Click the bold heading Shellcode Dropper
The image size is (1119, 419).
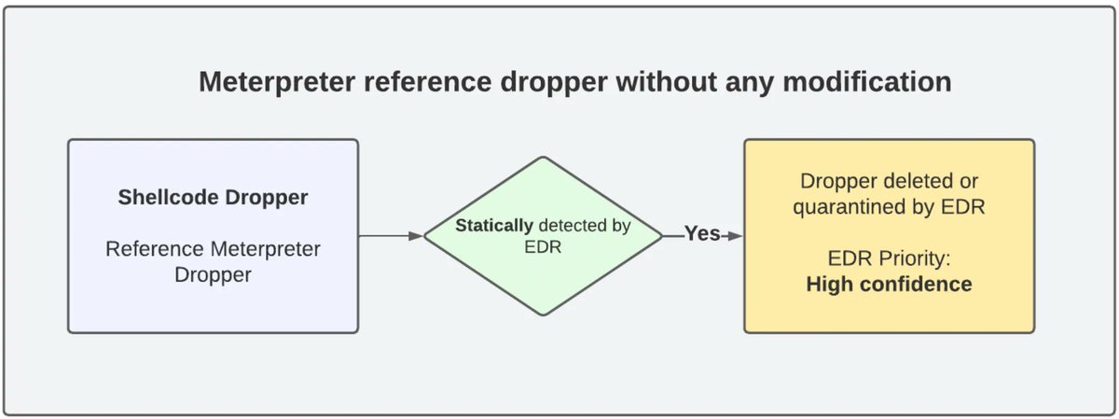coord(213,198)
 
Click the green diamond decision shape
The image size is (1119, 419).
coord(543,236)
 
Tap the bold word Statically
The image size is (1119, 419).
coord(494,226)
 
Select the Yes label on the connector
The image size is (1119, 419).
coord(702,234)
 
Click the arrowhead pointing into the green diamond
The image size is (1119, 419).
coord(416,236)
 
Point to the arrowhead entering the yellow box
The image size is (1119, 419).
coord(736,236)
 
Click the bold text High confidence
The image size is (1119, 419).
coord(889,284)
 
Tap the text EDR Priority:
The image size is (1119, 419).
coord(889,258)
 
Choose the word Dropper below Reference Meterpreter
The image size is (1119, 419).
coord(213,275)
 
